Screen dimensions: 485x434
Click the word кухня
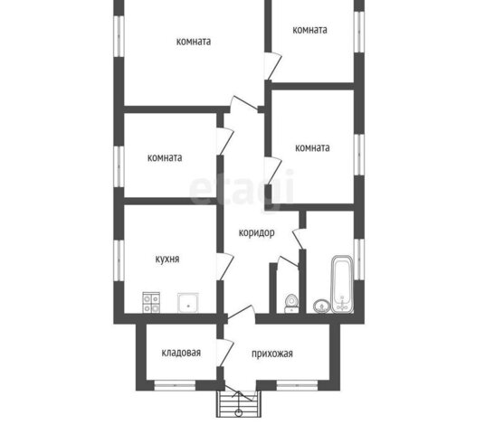coord(167,259)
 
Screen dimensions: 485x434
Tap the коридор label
coord(256,232)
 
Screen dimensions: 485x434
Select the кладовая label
coord(181,353)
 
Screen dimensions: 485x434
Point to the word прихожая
coord(271,354)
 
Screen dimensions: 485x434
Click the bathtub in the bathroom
coord(342,284)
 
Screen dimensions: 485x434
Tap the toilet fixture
coord(291,304)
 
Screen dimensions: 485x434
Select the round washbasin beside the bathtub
coord(322,307)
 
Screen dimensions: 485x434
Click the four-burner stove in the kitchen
coord(151,302)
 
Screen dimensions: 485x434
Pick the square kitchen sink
coord(188,303)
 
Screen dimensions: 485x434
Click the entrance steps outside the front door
coord(239,404)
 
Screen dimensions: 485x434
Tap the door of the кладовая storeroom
coord(225,353)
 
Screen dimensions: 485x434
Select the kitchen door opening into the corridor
coord(225,267)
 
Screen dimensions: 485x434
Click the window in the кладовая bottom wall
coord(175,385)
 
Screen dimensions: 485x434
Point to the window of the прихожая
coord(297,385)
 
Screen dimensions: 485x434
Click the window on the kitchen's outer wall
coord(119,260)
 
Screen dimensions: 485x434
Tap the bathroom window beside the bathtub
coord(359,259)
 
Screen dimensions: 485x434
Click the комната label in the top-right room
coord(309,30)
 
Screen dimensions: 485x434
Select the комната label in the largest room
coord(194,42)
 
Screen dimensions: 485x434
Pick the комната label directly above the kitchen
coord(165,158)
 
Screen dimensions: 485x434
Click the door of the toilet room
coord(288,261)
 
